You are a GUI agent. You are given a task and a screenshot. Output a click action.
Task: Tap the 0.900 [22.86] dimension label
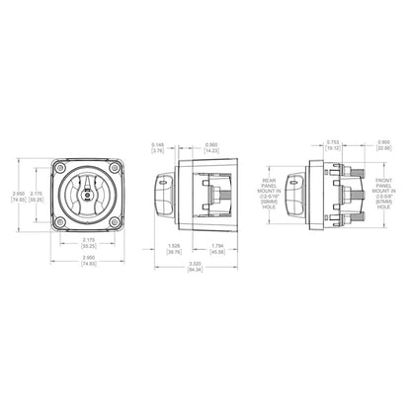pyautogui.click(x=383, y=147)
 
